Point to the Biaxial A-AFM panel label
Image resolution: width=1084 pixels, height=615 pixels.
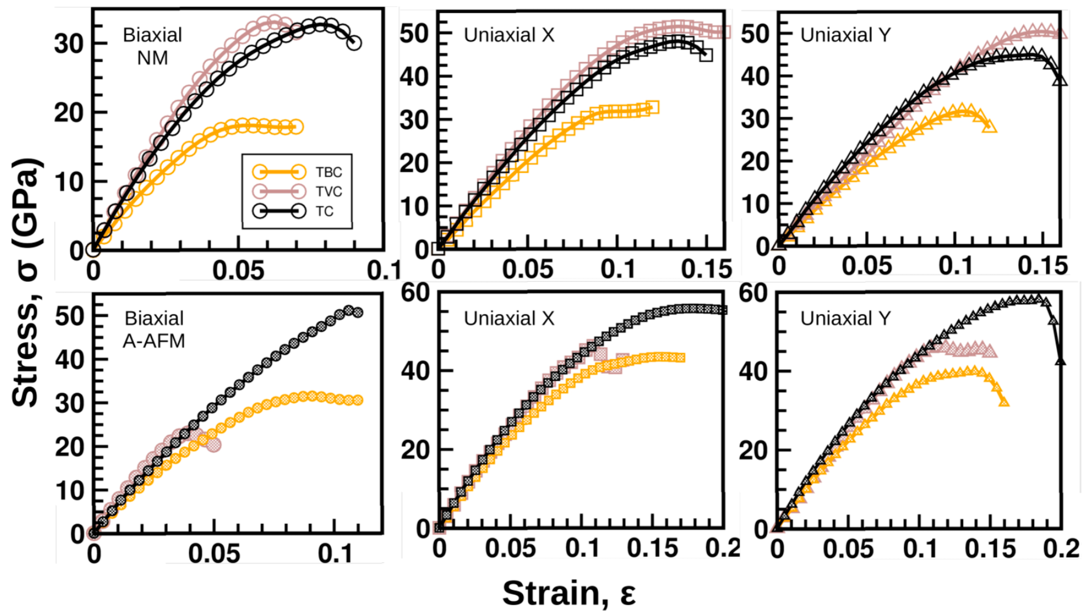154,329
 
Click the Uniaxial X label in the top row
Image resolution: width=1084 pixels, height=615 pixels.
509,35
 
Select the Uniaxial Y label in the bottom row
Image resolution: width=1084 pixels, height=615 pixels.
845,318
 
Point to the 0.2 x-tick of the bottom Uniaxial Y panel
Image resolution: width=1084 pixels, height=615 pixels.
1061,549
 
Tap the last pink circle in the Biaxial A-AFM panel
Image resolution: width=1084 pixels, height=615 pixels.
215,444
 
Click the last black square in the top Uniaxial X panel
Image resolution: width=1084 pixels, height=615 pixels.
706,55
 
